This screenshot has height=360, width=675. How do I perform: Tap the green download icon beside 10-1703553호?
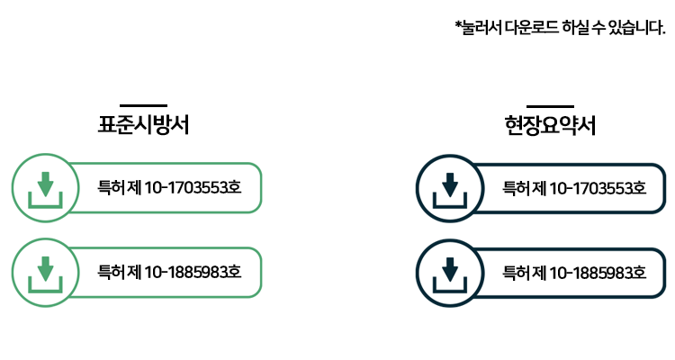(x=41, y=188)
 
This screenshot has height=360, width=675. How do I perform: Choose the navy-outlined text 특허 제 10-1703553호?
(x=574, y=188)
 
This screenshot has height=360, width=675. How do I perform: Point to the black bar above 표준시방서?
(x=143, y=105)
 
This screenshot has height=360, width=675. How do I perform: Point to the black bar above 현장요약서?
(x=551, y=105)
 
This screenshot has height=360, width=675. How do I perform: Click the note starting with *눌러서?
(x=560, y=28)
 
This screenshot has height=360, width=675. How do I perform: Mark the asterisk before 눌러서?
(x=458, y=25)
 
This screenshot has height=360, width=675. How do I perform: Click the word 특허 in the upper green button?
(x=111, y=188)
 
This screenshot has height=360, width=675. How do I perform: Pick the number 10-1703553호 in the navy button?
(x=601, y=188)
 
